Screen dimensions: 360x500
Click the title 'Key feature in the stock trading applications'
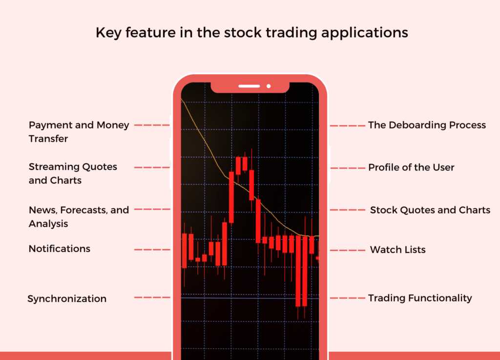point(251,33)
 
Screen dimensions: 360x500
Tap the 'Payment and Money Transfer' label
point(79,132)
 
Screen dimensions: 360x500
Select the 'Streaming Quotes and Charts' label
point(73,173)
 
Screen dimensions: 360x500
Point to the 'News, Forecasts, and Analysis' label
point(79,217)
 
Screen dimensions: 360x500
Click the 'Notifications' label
point(59,249)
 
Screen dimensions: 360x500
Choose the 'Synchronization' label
point(67,298)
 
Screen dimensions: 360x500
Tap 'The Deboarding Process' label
point(427,125)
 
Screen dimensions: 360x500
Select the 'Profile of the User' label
point(411,168)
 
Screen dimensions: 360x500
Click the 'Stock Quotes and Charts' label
point(430,210)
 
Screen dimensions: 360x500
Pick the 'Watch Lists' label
point(397,250)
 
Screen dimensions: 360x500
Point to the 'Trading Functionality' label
point(420,298)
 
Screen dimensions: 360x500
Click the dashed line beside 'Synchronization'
point(152,297)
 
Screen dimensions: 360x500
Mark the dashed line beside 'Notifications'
point(152,250)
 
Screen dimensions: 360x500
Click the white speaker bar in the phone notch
point(249,86)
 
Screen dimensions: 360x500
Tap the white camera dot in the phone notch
point(269,86)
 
